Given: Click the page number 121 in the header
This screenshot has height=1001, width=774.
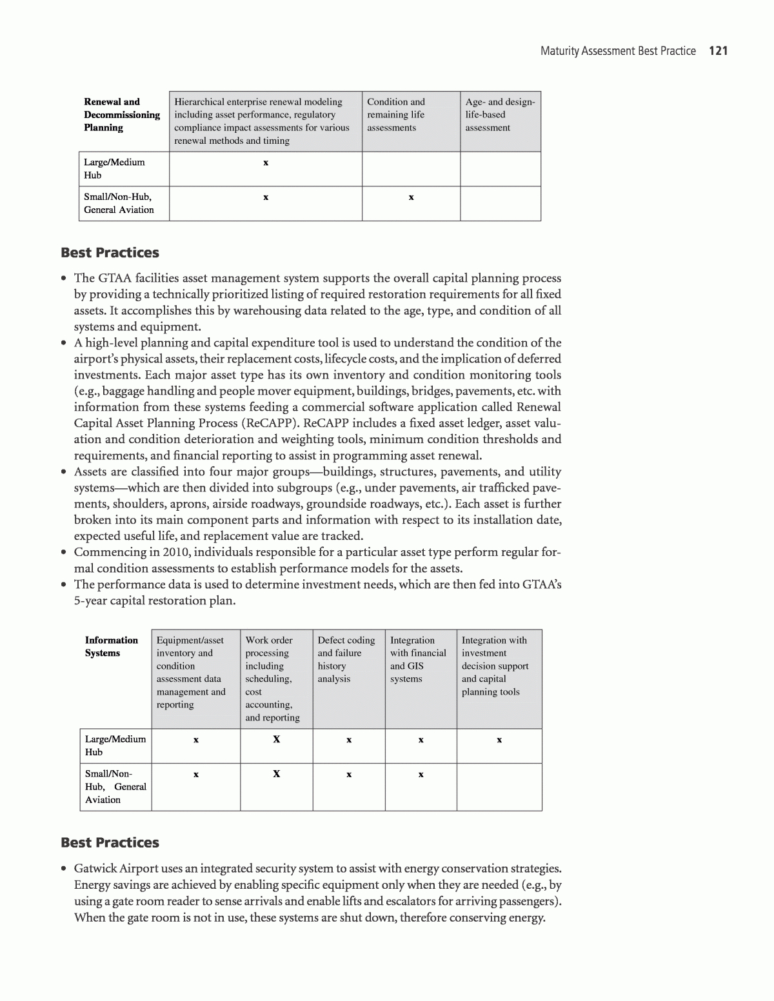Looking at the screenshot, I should [718, 51].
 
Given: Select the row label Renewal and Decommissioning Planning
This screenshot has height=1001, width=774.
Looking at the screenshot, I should [121, 115].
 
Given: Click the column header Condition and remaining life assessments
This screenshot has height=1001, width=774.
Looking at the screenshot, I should [396, 115].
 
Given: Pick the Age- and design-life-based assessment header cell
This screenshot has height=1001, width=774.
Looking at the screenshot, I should [500, 115].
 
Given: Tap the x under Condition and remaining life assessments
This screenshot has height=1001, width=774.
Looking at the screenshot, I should [411, 197].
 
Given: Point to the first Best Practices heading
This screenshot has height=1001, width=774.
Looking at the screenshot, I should [110, 253].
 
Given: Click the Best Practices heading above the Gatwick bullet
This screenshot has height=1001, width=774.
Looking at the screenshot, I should [110, 842].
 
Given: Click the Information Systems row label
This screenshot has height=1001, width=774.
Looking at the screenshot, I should [111, 646].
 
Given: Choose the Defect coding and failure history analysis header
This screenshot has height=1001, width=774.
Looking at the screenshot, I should [346, 659].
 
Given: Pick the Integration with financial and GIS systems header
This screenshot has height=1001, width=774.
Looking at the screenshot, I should [418, 659].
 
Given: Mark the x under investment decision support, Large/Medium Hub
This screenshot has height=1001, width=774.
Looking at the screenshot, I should [499, 740].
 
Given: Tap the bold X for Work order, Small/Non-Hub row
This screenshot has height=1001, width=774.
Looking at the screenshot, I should [276, 773].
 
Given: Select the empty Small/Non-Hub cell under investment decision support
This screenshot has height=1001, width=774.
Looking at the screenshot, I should [499, 787].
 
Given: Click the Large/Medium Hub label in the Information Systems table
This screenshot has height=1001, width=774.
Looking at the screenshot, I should [115, 746].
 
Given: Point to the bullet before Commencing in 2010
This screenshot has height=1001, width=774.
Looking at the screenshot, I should [64, 553].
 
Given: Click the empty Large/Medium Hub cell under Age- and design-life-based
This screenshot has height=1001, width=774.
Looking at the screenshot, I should [500, 169].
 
